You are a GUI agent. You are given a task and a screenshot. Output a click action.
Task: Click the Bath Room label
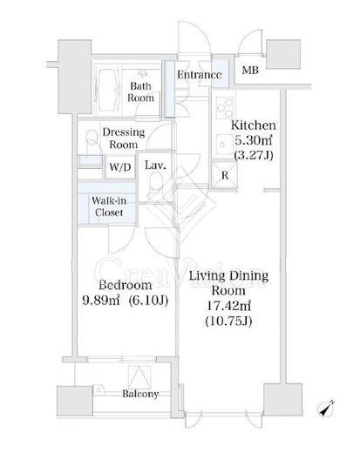click(x=140, y=91)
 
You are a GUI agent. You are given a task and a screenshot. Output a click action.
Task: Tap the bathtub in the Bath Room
click(x=109, y=91)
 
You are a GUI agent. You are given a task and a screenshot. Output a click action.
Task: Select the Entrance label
click(x=200, y=75)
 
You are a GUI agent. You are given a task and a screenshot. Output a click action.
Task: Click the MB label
click(x=250, y=70)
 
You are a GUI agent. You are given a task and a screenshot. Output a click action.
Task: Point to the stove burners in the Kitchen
click(x=225, y=107)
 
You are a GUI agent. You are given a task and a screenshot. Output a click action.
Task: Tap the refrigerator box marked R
click(x=224, y=175)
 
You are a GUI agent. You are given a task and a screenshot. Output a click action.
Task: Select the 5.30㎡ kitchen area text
click(x=253, y=140)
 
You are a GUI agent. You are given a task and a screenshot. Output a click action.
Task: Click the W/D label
click(x=120, y=167)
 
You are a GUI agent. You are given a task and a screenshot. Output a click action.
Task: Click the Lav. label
click(x=155, y=166)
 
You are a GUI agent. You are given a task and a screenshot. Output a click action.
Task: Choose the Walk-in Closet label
click(x=109, y=206)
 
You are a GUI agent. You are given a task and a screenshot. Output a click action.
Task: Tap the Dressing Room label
click(x=124, y=139)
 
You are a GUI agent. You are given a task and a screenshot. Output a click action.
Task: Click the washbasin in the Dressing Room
click(x=92, y=142)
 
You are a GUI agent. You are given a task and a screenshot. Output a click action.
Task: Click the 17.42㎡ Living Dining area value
click(x=228, y=306)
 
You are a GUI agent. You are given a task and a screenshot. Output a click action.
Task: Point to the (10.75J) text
click(x=228, y=321)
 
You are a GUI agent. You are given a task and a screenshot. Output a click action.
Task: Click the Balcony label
click(x=140, y=394)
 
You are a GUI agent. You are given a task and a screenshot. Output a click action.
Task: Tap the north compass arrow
click(x=326, y=409)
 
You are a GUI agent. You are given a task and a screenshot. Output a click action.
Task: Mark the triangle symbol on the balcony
click(x=139, y=377)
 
